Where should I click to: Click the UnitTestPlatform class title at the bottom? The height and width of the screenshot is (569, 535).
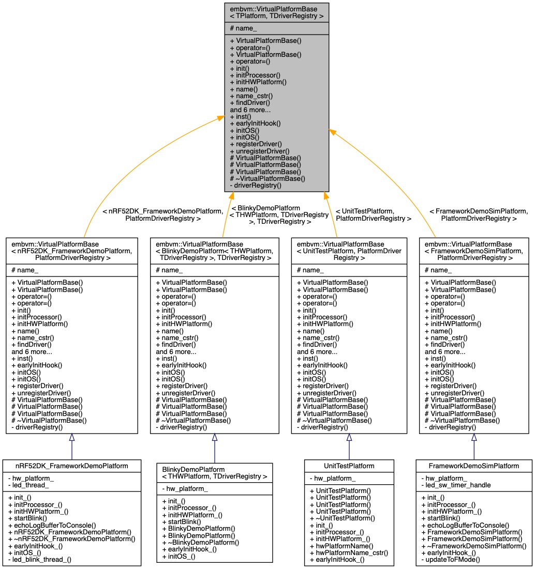point(349,466)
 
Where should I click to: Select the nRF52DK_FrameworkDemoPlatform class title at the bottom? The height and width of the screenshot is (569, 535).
point(71,466)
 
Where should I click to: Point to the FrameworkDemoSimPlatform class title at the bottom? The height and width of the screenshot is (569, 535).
point(473,466)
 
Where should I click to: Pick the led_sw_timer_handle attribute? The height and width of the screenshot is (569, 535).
point(456,485)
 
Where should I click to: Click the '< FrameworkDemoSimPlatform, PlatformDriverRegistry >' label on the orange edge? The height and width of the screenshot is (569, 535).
point(478,215)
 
